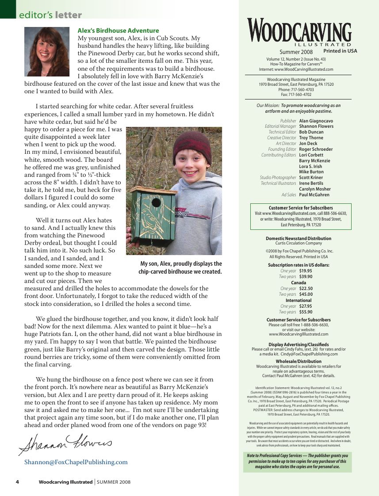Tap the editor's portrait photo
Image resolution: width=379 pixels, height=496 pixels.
click(x=47, y=52)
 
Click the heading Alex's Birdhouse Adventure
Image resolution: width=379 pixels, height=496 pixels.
click(x=118, y=31)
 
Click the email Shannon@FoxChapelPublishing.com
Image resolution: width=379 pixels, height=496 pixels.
click(x=76, y=462)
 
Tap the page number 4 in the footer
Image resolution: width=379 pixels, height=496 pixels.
click(x=17, y=482)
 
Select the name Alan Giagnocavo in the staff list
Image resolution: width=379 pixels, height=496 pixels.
click(x=316, y=121)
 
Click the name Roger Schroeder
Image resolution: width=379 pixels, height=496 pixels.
click(x=316, y=149)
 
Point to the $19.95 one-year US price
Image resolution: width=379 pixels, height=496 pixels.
click(x=306, y=271)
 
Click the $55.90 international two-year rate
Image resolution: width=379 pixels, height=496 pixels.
click(x=306, y=312)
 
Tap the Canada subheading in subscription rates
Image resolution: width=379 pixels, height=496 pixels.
click(x=299, y=282)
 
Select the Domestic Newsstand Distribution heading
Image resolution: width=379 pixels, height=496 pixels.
click(x=299, y=239)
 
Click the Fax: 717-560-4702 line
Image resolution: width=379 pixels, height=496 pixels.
click(x=296, y=95)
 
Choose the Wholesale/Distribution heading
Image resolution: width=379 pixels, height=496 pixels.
click(x=299, y=362)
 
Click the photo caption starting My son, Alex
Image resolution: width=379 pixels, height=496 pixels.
click(x=180, y=268)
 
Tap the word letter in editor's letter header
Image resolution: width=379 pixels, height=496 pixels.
click(x=69, y=15)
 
